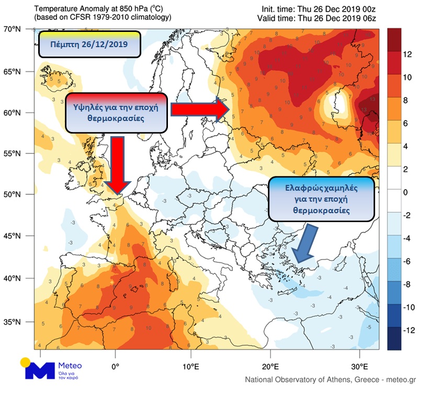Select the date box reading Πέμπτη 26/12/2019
pyautogui.click(x=89, y=45)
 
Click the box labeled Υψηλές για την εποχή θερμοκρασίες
pyautogui.click(x=116, y=112)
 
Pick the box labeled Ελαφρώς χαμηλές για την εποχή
pyautogui.click(x=321, y=199)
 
